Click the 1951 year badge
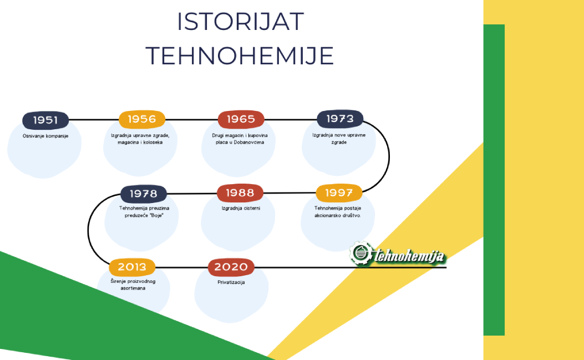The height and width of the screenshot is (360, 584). pos(45,120)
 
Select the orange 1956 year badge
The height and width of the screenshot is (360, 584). pos(142,119)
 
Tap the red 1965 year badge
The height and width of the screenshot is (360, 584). pos(241,119)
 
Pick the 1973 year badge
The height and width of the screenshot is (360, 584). pos(340,119)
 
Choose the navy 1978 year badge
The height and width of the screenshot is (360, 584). pos(144,194)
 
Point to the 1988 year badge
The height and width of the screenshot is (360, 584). pos(240,193)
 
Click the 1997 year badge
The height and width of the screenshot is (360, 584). pos(339,193)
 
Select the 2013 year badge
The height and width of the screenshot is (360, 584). pos(132,267)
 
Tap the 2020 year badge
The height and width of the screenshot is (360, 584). pos(231,267)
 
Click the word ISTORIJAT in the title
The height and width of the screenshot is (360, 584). pos(240,22)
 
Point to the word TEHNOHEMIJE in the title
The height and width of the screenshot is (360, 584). pos(240,56)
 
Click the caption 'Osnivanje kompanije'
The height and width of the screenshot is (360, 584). pos(45,136)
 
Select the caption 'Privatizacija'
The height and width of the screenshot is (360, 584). pos(231,282)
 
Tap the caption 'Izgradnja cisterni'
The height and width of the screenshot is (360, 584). pos(241,209)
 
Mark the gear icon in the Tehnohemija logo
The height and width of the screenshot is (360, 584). pos(360,253)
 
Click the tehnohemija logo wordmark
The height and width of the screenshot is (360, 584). pos(409,256)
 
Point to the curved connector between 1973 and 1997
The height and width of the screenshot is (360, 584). pos(389,156)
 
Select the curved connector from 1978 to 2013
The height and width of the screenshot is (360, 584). pos(88,231)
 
